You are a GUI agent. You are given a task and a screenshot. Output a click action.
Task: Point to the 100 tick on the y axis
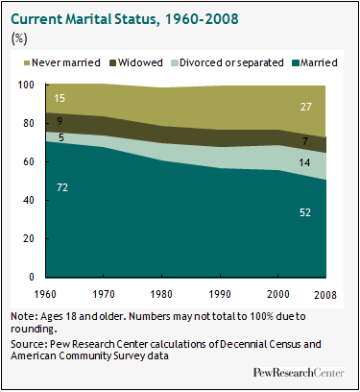(25, 85)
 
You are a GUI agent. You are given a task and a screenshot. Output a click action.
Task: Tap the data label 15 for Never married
(60, 98)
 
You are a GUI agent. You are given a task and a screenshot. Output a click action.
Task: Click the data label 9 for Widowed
(60, 121)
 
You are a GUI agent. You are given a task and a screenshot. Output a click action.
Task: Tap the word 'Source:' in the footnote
(30, 343)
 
